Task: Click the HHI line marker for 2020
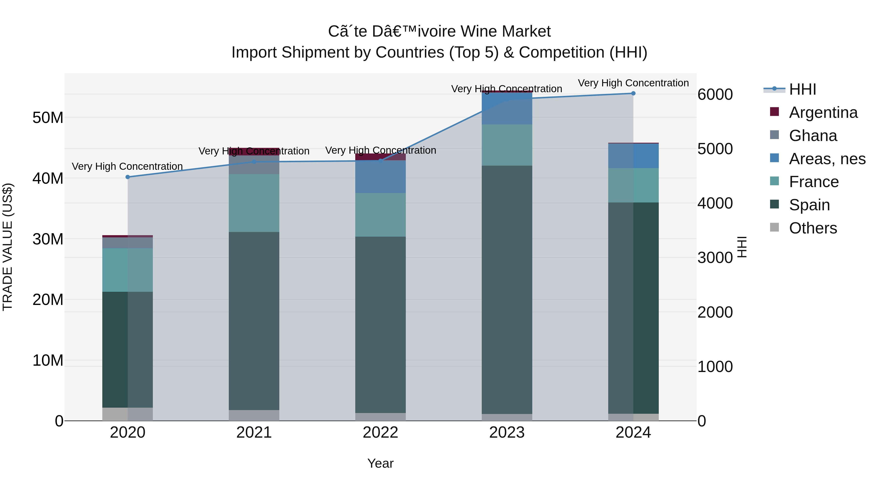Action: (128, 177)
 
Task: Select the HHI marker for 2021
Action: (254, 161)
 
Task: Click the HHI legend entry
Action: (802, 89)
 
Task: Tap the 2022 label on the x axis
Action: (380, 433)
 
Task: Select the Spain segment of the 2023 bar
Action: (507, 290)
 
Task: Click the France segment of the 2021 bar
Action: (254, 203)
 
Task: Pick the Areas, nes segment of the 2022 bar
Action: (380, 177)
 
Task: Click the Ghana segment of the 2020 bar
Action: (128, 243)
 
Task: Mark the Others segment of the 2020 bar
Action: (128, 414)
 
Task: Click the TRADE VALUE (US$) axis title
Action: (8, 247)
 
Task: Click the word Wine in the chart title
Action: (478, 31)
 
